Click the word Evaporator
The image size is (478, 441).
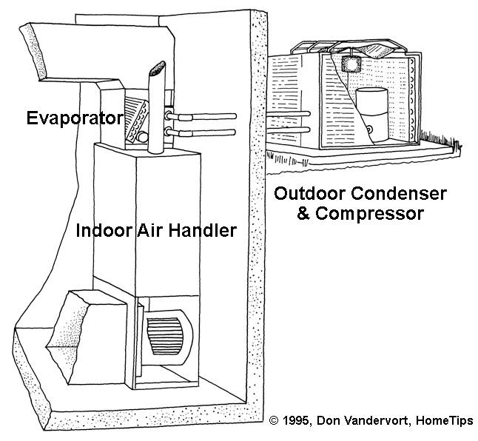[x=75, y=118]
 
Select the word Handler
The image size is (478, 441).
[x=203, y=230]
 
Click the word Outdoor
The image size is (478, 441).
[x=310, y=194]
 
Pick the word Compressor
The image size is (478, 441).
[x=369, y=214]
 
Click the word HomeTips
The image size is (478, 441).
[x=445, y=421]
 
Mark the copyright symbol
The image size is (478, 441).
[x=274, y=421]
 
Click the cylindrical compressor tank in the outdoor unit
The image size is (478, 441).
[x=372, y=115]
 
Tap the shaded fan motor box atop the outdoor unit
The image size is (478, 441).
[x=351, y=64]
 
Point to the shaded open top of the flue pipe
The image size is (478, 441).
[x=158, y=68]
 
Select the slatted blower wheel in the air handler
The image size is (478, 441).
[x=164, y=336]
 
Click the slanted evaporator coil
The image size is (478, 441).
[x=137, y=120]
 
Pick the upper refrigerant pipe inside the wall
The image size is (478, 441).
[x=201, y=116]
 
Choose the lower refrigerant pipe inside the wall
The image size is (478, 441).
[x=201, y=132]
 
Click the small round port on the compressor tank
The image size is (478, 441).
[x=369, y=129]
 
